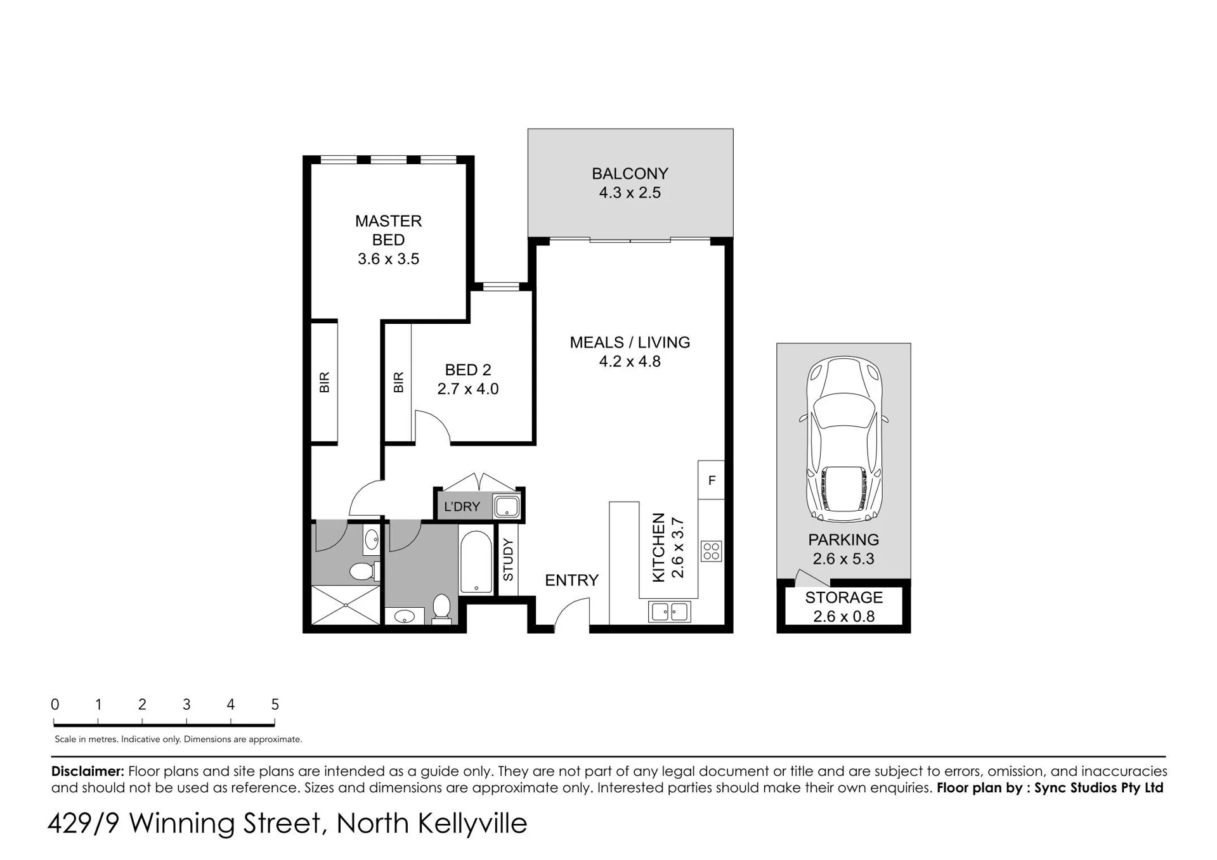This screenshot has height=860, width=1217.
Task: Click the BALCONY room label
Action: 630,174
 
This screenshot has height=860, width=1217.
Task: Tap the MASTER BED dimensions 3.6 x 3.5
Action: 388,259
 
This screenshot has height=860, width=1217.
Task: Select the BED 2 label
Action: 468,369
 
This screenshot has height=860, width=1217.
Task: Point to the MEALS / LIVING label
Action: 630,342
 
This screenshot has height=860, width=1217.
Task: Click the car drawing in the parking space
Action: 843,439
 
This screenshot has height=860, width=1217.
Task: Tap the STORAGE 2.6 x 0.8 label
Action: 843,606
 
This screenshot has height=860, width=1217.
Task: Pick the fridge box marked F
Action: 711,480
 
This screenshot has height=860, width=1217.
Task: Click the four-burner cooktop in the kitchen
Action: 711,551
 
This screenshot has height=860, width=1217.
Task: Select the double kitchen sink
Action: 669,612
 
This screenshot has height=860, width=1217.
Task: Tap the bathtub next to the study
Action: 476,562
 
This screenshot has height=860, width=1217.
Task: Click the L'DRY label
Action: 462,506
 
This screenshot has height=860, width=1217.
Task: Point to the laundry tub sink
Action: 507,506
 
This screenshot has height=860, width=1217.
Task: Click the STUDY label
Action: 508,560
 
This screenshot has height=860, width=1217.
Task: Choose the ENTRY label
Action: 571,580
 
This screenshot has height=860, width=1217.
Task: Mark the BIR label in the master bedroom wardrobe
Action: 324,382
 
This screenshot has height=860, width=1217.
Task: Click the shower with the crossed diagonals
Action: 346,605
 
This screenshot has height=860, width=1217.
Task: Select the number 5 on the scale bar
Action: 275,704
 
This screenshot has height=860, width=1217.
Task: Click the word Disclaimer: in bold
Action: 88,771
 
